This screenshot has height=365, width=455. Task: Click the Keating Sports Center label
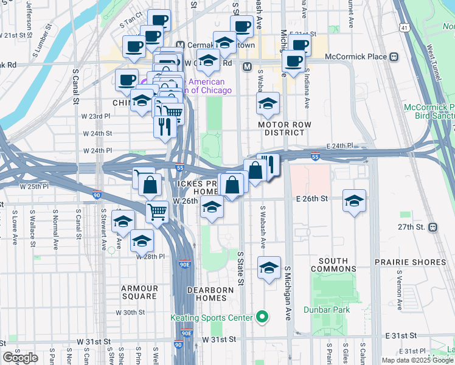[211, 318]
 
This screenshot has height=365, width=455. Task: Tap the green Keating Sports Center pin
[262, 316]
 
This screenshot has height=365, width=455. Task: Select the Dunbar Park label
[333, 310]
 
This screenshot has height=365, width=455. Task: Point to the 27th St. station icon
[432, 227]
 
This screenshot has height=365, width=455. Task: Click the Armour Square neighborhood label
[139, 293]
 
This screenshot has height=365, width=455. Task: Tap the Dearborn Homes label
[210, 290]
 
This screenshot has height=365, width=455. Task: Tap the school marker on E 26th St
[354, 201]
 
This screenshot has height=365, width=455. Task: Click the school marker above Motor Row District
[267, 104]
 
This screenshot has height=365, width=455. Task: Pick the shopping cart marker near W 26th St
[157, 212]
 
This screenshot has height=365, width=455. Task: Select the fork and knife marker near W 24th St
[165, 127]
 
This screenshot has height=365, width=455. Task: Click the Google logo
[21, 357]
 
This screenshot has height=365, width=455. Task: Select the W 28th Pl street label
[151, 257]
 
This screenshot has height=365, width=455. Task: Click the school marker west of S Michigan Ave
[268, 268]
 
